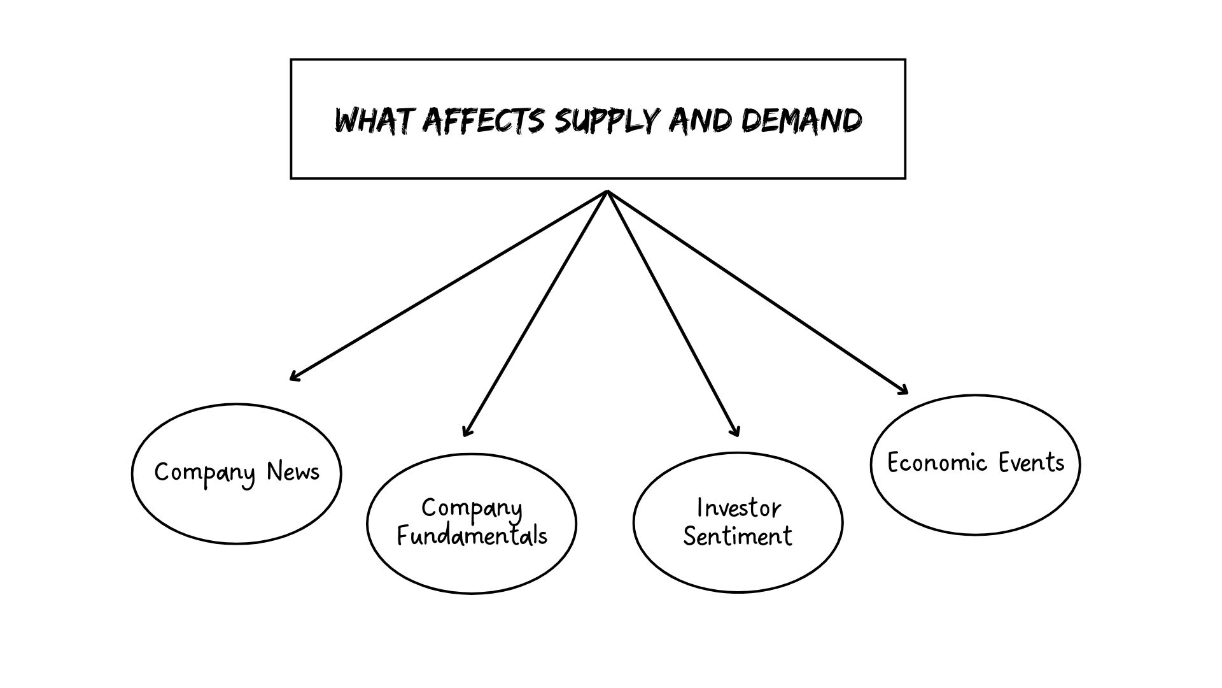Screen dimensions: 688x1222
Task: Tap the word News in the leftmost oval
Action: [x=293, y=472]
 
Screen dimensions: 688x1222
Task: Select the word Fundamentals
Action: [x=472, y=535]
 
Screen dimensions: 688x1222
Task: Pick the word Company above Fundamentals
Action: [x=472, y=508]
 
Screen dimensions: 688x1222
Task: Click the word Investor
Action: [x=738, y=508]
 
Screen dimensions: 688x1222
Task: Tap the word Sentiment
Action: [x=738, y=536]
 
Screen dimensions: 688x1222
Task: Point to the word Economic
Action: [x=937, y=462]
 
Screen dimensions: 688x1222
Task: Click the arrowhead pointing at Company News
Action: [x=293, y=378]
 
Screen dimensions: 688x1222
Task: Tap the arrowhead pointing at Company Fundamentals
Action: [x=466, y=433]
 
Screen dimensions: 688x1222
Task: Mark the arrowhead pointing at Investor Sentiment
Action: [x=736, y=433]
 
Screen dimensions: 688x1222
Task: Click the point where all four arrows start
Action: [x=608, y=192]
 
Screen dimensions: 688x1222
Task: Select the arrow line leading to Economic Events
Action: [x=757, y=292]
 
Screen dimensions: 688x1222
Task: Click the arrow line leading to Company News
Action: [x=449, y=285]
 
